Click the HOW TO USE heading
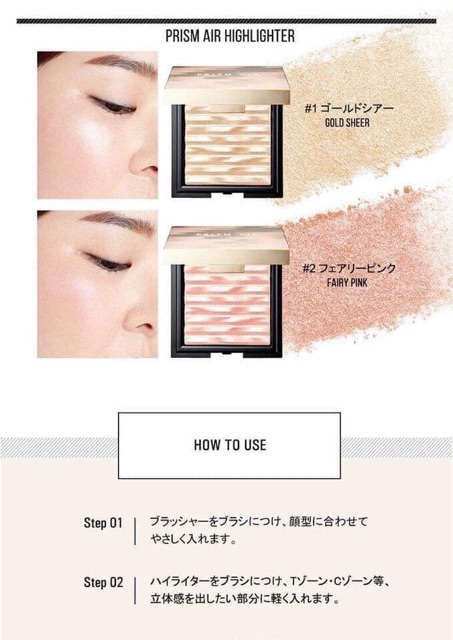229,444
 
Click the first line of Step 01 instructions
259,522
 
